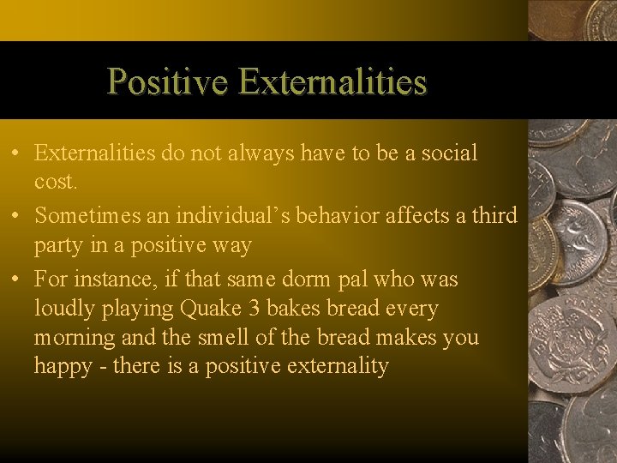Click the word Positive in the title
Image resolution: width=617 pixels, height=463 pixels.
point(168,82)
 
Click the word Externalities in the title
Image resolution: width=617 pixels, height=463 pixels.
point(333,82)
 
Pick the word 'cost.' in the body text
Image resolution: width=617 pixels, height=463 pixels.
point(56,183)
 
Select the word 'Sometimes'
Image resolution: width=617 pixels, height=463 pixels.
point(85,215)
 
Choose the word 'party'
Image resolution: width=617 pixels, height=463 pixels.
point(58,247)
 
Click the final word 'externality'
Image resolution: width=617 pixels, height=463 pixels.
point(338,367)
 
